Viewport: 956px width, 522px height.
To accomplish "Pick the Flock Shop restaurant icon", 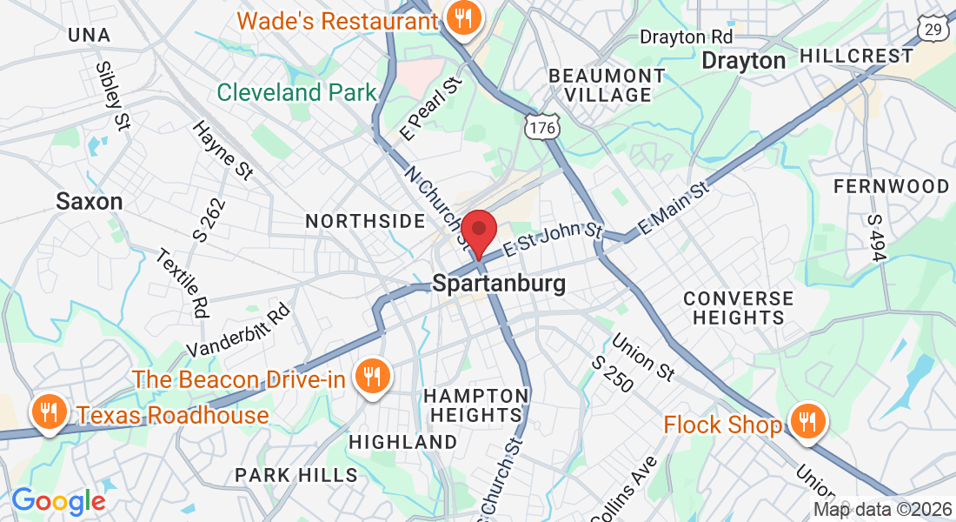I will point(808,423).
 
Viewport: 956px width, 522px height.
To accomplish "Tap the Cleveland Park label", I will point(296,92).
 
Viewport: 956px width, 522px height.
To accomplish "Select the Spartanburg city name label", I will point(499,284).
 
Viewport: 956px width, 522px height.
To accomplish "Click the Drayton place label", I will point(743,61).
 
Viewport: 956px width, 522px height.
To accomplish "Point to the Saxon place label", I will point(90,202).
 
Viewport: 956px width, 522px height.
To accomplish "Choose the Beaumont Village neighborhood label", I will point(607,85).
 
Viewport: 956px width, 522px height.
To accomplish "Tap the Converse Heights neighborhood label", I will point(738,308).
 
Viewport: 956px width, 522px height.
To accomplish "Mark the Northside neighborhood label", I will point(365,222).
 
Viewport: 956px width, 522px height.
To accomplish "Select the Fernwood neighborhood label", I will point(891,186).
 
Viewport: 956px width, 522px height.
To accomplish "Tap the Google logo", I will point(58,501).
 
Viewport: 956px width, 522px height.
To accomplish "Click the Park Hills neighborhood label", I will point(296,475).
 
